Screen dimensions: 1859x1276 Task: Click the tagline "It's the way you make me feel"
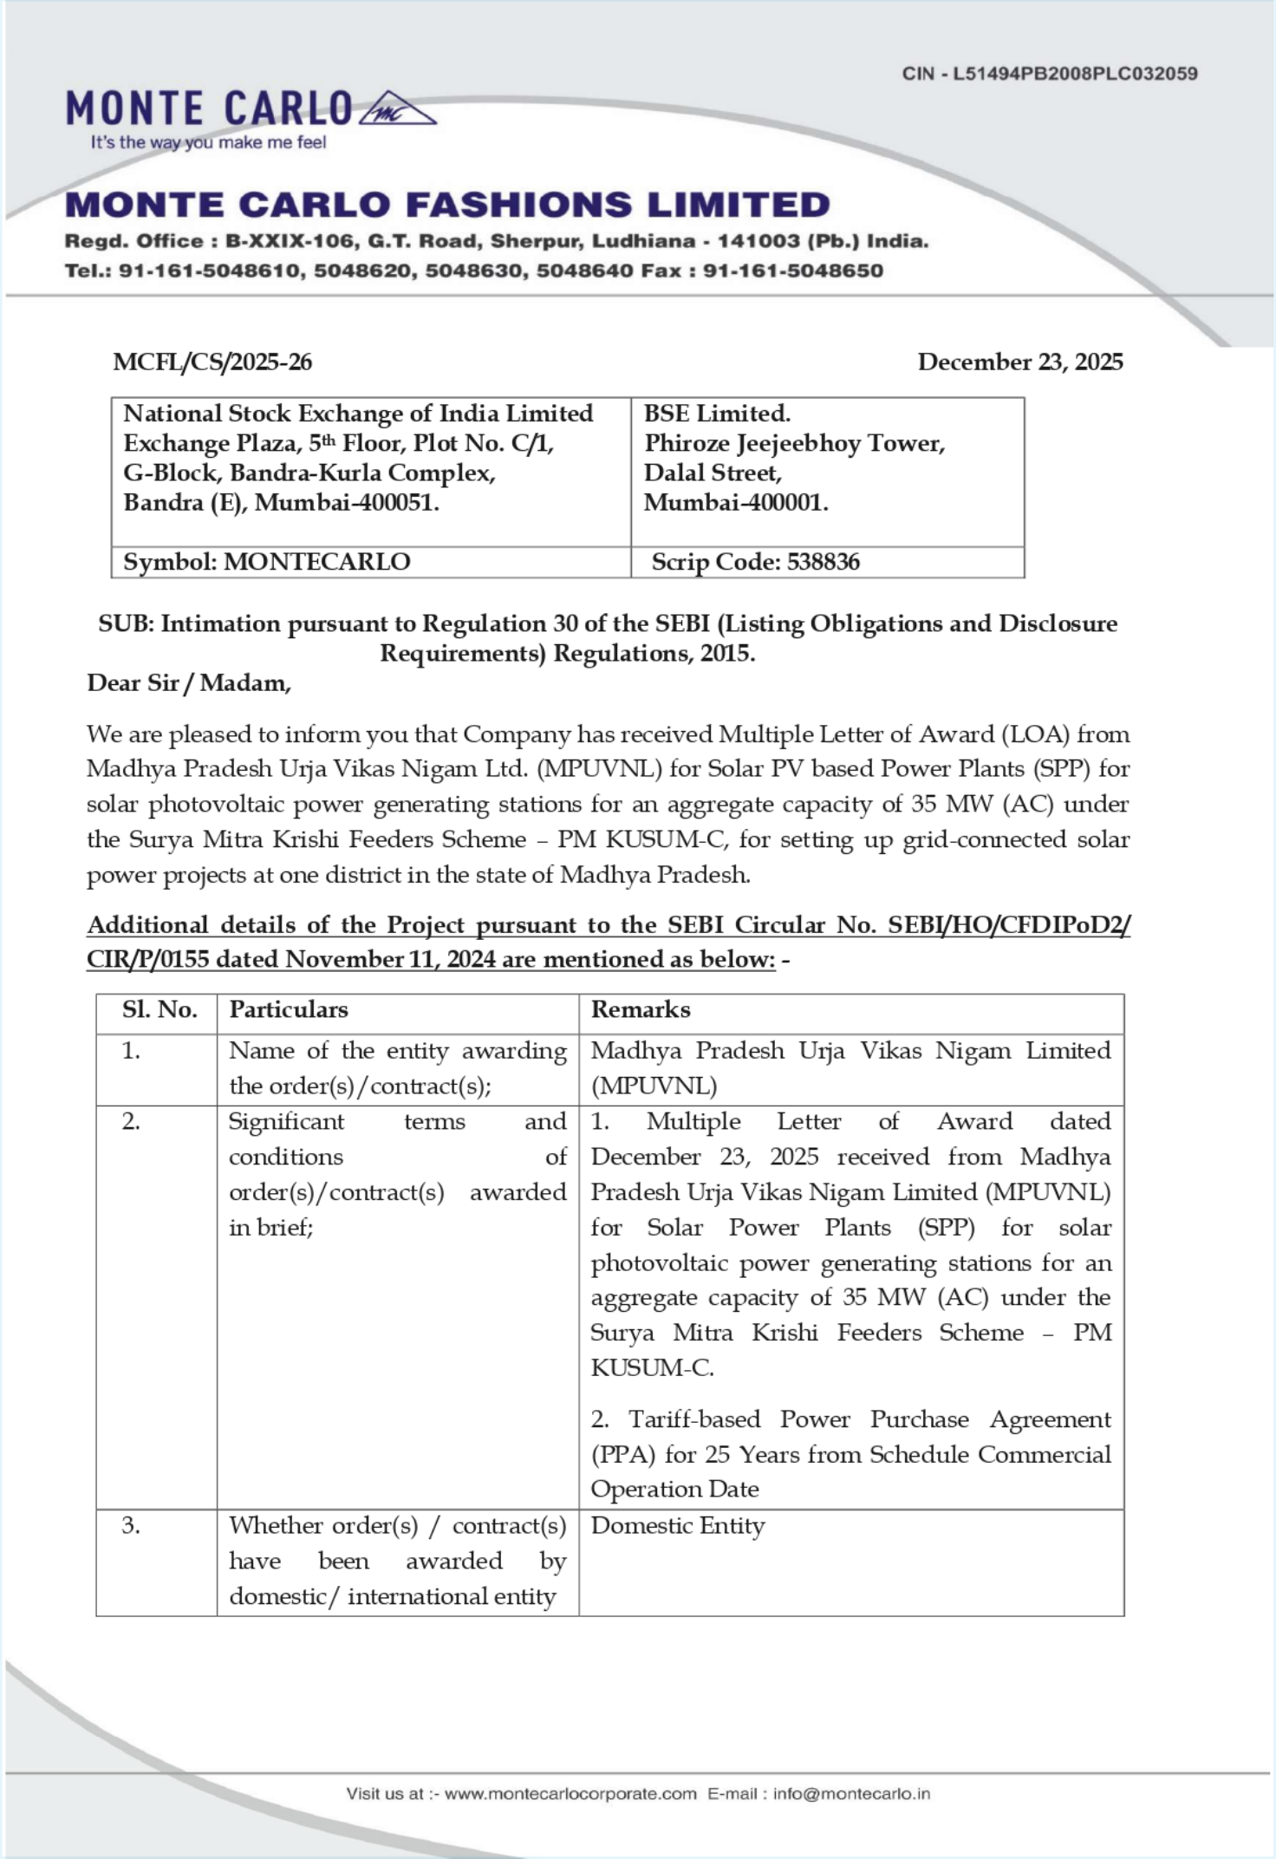coord(208,143)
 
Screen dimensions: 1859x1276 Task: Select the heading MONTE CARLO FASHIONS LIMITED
coord(447,205)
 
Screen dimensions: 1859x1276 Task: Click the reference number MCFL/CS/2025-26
coord(212,362)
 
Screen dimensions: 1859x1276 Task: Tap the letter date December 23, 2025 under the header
coord(1019,362)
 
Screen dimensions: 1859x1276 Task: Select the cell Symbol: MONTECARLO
coord(267,562)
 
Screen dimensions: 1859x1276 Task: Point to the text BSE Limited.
coord(717,414)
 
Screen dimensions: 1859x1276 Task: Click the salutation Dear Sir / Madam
coord(189,683)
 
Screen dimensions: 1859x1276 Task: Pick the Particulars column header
coord(289,1010)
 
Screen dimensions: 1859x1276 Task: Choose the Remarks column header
coord(641,1010)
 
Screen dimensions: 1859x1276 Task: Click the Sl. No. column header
coord(159,1010)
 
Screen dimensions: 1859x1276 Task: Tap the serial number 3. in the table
coord(131,1526)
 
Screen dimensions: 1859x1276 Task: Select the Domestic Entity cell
coord(678,1526)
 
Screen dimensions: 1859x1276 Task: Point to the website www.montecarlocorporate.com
coord(570,1794)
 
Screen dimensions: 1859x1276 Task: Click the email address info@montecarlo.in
coord(851,1794)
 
